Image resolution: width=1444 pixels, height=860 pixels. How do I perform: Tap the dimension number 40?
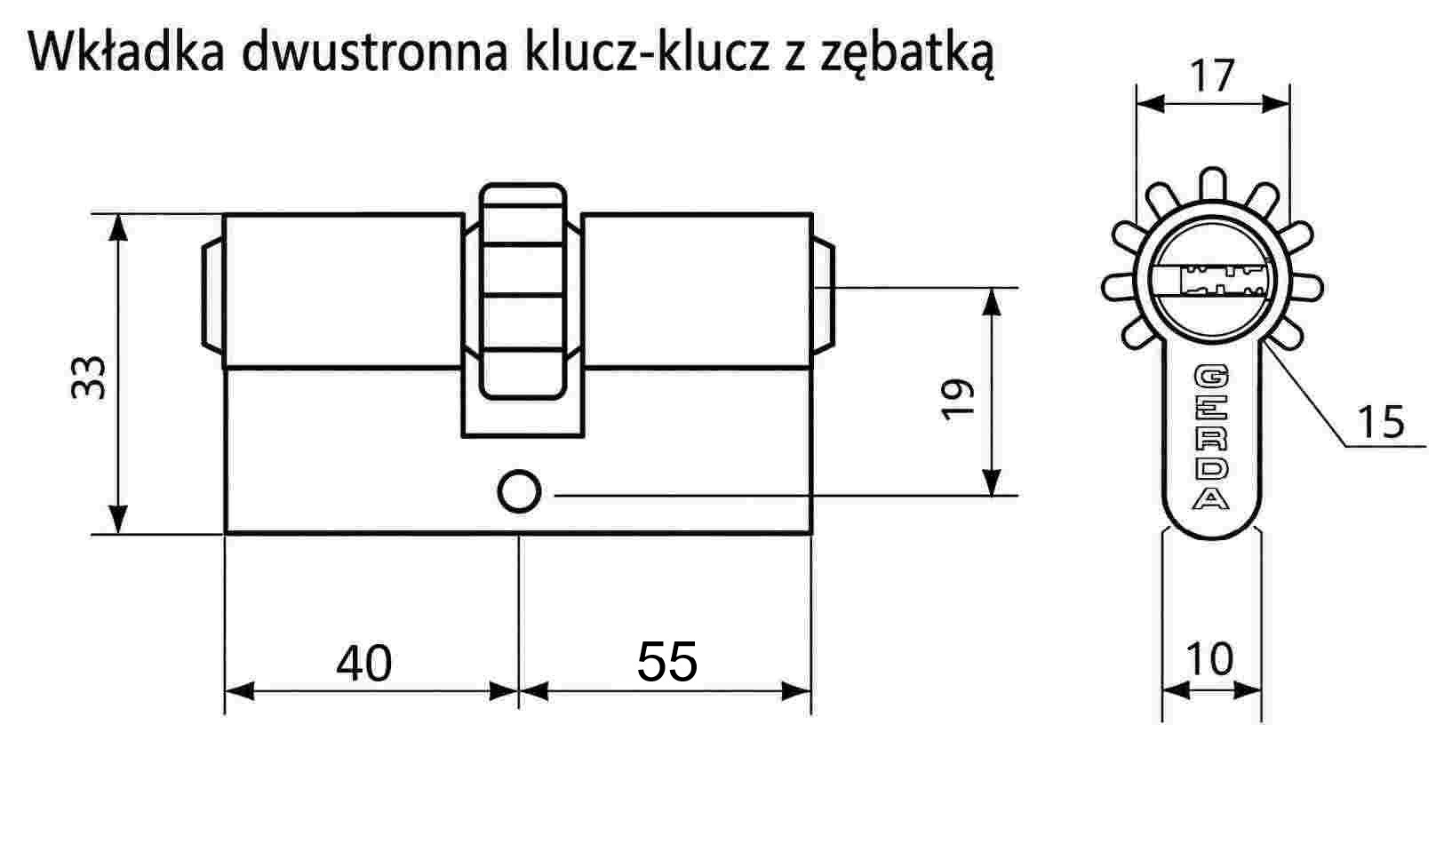(363, 664)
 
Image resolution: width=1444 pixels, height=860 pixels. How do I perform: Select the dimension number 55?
(666, 662)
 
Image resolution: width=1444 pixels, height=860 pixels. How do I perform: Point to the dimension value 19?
(958, 399)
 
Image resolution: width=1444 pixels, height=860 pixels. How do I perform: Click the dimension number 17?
(1212, 76)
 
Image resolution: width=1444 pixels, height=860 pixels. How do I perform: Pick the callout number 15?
(1380, 422)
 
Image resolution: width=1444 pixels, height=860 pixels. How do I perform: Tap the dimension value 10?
(1209, 659)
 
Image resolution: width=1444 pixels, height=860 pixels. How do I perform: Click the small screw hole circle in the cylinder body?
(519, 492)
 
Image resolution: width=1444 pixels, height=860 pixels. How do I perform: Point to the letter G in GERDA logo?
(1211, 377)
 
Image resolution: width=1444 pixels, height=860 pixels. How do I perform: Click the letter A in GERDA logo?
(1211, 498)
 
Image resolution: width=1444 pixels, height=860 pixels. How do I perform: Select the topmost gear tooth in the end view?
(1213, 185)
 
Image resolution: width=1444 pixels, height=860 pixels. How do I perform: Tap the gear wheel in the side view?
(523, 291)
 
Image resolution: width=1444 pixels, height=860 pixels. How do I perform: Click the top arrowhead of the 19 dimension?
(991, 302)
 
